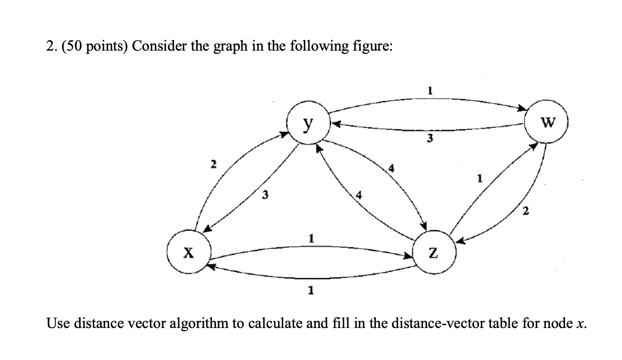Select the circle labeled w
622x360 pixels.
(x=548, y=123)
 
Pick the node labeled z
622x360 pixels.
(x=434, y=253)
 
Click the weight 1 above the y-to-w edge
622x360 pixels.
(x=430, y=91)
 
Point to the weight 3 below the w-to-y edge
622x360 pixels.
(x=430, y=138)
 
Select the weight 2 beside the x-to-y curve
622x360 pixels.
(x=212, y=164)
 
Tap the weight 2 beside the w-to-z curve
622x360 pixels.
(x=525, y=211)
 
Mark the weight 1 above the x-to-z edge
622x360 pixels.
(x=310, y=238)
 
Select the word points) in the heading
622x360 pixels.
(x=104, y=46)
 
